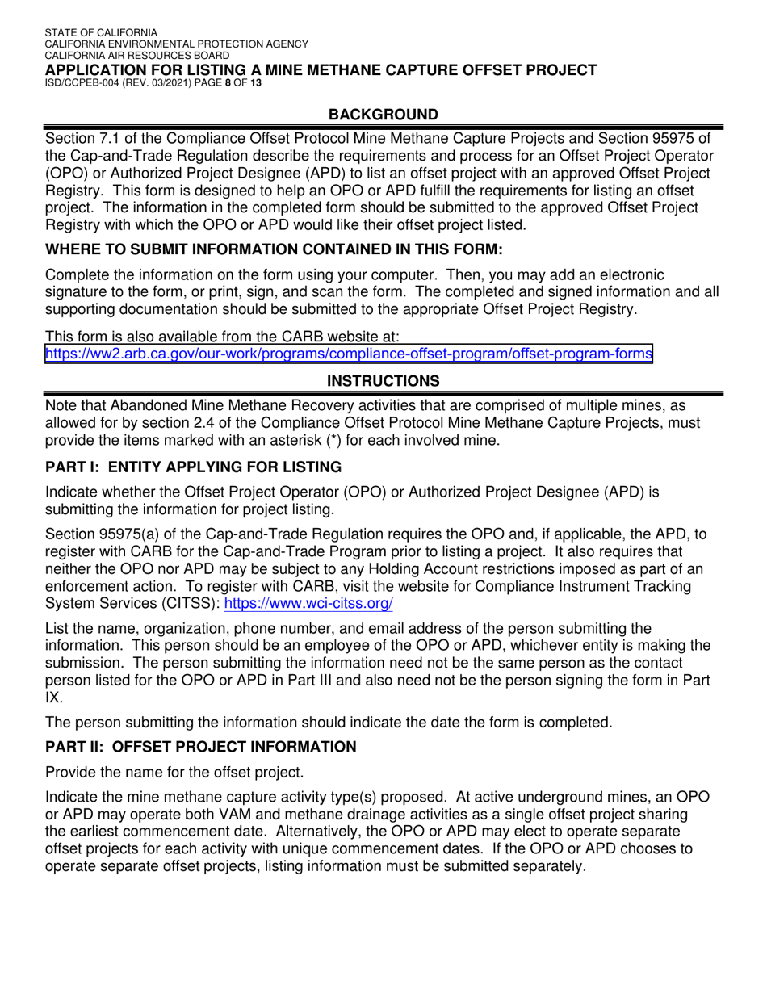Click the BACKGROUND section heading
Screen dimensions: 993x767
(x=383, y=115)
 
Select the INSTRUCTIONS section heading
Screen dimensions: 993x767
(x=383, y=380)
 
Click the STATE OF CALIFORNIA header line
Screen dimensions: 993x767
(x=101, y=32)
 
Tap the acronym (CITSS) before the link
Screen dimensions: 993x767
(x=187, y=603)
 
